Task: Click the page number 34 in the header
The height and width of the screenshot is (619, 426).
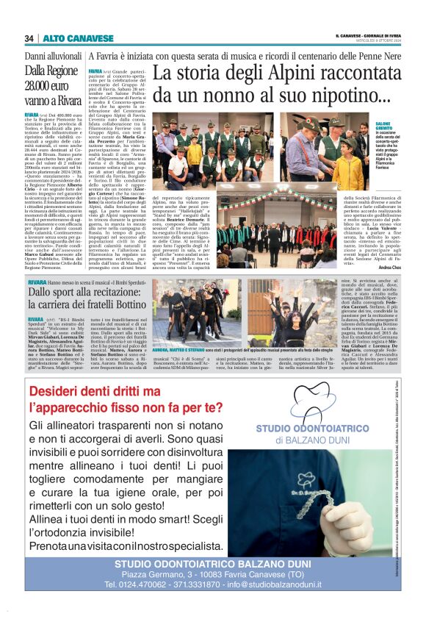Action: coord(29,38)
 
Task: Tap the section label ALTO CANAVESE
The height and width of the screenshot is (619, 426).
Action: coord(67,38)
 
